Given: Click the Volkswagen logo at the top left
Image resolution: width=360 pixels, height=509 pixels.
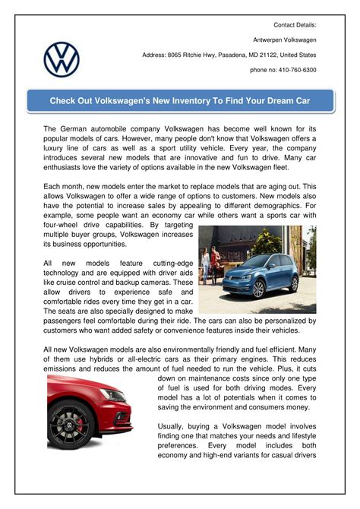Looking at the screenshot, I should click(62, 59).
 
